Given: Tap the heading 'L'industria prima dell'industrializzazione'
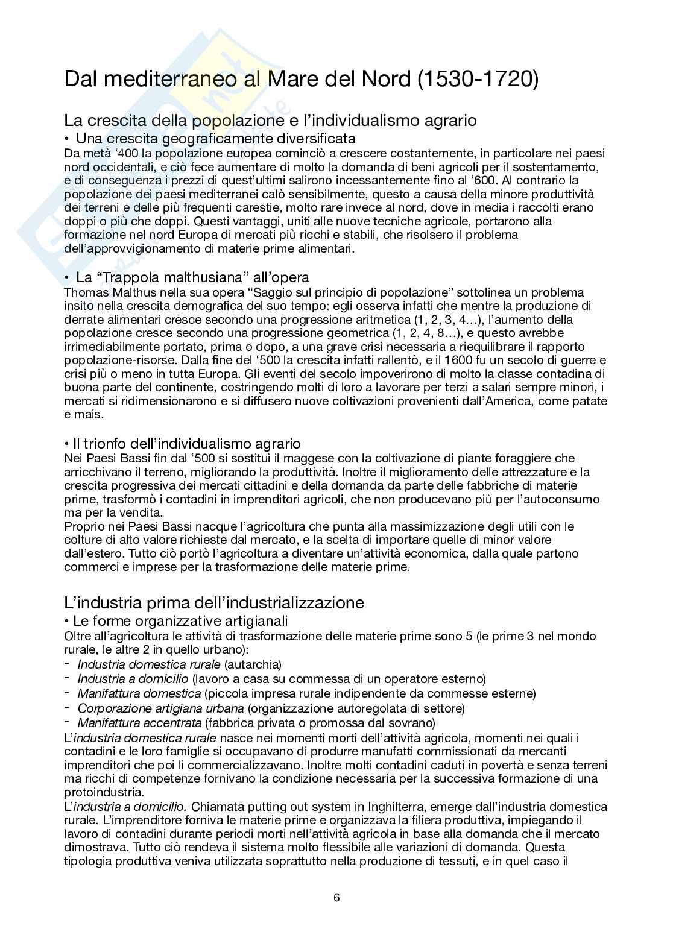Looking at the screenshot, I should (214, 602).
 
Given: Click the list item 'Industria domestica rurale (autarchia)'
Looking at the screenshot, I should (180, 664).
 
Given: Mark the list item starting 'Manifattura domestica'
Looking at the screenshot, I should (306, 693).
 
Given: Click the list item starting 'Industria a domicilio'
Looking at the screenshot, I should (282, 679).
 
